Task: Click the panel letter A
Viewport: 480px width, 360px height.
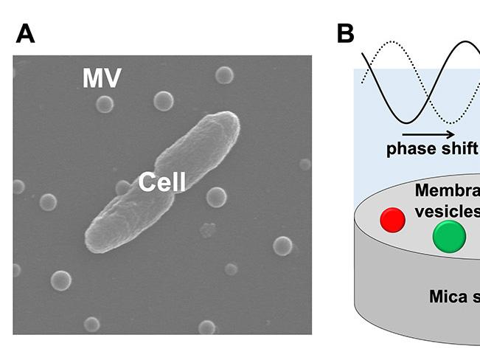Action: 26,33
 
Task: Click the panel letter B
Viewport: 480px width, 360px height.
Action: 345,33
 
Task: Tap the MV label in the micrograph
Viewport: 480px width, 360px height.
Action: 101,78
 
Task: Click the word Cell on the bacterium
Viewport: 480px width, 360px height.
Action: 162,181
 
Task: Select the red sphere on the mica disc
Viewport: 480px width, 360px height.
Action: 392,219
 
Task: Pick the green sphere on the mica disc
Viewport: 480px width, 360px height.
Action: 449,237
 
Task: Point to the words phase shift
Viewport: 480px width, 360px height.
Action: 431,149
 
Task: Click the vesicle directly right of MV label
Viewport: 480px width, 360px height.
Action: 224,75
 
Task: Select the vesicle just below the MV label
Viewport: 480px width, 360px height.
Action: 105,104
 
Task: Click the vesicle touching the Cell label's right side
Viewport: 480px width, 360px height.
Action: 216,196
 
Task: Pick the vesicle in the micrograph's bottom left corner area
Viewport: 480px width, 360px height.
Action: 60,280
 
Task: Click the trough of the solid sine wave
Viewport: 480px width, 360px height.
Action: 406,120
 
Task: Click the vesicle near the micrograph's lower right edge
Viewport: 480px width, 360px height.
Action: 282,246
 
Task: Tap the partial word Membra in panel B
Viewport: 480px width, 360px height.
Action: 447,191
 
